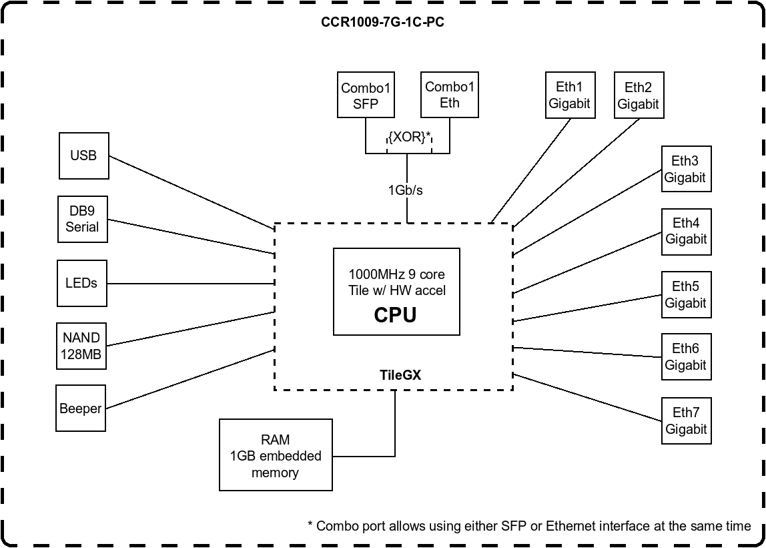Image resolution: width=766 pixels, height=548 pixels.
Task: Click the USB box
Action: pos(83,156)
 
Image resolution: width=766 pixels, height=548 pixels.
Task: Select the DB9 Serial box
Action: pos(82,219)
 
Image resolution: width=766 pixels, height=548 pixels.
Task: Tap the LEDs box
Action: pos(81,283)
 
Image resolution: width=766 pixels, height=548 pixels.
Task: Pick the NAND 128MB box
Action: pos(81,346)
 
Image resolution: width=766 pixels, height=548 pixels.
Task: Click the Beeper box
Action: pos(81,408)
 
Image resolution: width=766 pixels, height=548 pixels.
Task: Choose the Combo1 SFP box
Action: pos(365,95)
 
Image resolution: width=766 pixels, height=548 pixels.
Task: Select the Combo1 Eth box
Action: pos(450,95)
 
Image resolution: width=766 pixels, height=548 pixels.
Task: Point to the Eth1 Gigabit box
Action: pos(570,95)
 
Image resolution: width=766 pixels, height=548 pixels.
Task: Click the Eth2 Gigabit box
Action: pos(639,95)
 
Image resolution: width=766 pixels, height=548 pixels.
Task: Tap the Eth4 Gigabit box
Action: pos(687,231)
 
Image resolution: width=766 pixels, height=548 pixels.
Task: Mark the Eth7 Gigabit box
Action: pos(686,421)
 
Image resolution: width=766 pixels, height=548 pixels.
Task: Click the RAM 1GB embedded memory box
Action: pos(276,456)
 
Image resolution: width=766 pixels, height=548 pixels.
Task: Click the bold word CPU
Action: pos(395,314)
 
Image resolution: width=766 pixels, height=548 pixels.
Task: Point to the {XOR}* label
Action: pos(409,138)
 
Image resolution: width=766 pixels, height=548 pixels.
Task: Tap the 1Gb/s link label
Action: pos(406,190)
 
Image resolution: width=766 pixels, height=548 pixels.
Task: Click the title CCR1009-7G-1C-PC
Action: pos(383,22)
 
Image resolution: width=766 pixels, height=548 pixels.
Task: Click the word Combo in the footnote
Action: pos(337,526)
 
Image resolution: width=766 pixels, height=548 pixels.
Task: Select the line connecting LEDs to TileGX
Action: pos(191,284)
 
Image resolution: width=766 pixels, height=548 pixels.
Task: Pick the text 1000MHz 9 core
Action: pos(396,274)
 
